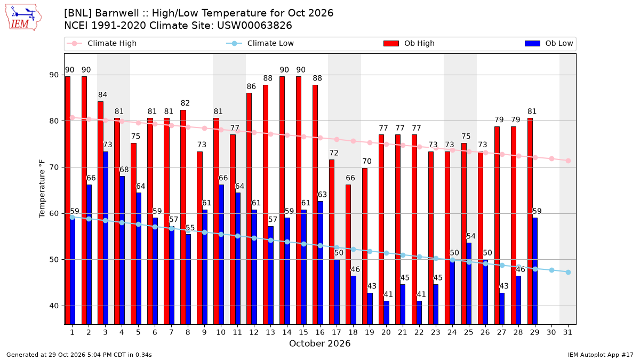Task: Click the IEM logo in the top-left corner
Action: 23,18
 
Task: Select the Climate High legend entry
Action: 101,43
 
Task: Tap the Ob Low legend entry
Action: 549,43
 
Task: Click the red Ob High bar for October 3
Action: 100,213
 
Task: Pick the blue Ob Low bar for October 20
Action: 386,313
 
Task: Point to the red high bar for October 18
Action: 348,254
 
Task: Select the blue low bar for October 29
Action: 535,271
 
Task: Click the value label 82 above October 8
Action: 185,103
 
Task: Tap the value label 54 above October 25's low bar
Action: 471,236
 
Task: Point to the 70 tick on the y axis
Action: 54,167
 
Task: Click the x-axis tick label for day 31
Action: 567,332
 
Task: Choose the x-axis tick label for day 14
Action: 287,332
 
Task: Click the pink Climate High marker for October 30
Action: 551,158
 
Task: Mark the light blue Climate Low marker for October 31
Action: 569,273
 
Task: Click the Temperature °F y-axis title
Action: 42,189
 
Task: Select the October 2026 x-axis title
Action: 319,343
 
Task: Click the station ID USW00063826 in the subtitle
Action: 254,26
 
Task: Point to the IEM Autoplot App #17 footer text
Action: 601,355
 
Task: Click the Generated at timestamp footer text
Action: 79,355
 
